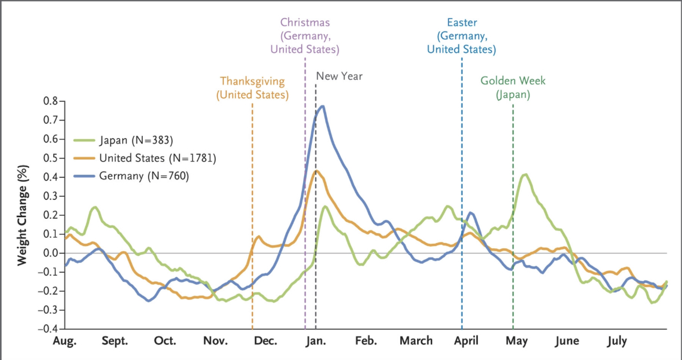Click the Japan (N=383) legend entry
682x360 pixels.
tap(124, 140)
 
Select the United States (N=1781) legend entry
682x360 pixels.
tap(145, 158)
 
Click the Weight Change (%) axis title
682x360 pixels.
tap(22, 215)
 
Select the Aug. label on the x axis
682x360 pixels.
tap(64, 341)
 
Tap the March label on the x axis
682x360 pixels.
tap(416, 341)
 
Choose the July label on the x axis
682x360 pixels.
tap(617, 341)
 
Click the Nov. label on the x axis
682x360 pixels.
tap(215, 341)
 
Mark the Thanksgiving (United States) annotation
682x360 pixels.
tap(252, 88)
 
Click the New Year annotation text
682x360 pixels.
tap(339, 76)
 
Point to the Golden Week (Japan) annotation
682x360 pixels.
tap(513, 88)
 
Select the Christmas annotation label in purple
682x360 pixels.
tap(305, 36)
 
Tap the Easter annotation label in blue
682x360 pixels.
tap(462, 36)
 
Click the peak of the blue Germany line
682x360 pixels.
tap(322, 106)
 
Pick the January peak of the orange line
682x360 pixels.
tap(316, 171)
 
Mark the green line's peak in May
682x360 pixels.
tap(525, 175)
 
